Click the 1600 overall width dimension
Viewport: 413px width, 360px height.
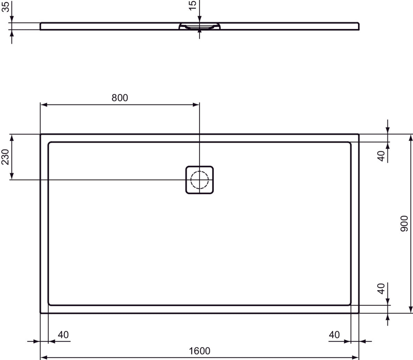pos(199,351)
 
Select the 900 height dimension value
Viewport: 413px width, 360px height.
pos(404,223)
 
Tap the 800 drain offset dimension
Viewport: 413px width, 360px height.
pos(119,98)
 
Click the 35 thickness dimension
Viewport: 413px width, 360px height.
pos(6,6)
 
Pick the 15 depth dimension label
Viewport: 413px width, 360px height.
pos(193,5)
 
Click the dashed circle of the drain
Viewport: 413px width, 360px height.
pos(199,180)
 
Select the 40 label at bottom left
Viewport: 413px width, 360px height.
pos(63,334)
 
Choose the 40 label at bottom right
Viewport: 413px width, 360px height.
pos(334,334)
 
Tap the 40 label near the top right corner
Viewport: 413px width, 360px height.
pos(381,156)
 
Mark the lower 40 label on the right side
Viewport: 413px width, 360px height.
pos(381,288)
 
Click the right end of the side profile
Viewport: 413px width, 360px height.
pos(359,27)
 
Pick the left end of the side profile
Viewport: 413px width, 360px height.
pos(41,27)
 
